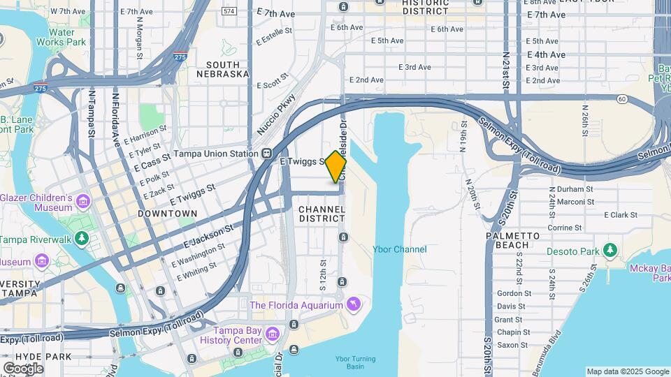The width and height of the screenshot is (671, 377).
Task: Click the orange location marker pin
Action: [336, 167]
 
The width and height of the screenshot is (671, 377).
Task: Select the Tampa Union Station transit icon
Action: [266, 154]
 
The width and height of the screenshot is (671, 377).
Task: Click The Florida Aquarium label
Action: [296, 305]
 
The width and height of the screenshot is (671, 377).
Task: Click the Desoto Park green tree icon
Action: [610, 249]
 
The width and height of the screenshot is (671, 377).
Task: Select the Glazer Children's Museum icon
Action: [83, 202]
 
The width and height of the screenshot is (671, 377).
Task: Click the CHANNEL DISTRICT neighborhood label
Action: [322, 214]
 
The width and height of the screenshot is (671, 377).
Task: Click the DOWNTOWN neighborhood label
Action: [167, 213]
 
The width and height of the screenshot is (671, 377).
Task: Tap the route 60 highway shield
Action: [621, 98]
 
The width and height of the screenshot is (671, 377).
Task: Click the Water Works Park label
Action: [62, 37]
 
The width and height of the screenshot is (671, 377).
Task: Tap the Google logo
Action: [23, 368]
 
